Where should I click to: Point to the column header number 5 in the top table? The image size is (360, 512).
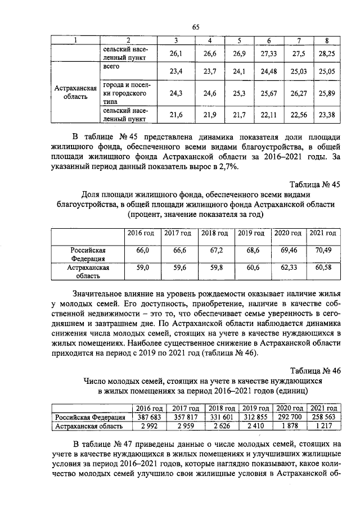tap(238, 40)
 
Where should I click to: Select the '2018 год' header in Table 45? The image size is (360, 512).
tap(214, 233)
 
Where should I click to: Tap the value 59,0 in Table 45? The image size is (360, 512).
tap(143, 268)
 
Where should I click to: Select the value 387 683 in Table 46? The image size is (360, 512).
tap(150, 418)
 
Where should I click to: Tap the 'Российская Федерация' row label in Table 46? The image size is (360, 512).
tap(90, 418)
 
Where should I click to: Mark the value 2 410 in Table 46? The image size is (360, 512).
tap(255, 427)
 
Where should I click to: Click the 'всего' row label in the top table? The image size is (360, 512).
tap(112, 67)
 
